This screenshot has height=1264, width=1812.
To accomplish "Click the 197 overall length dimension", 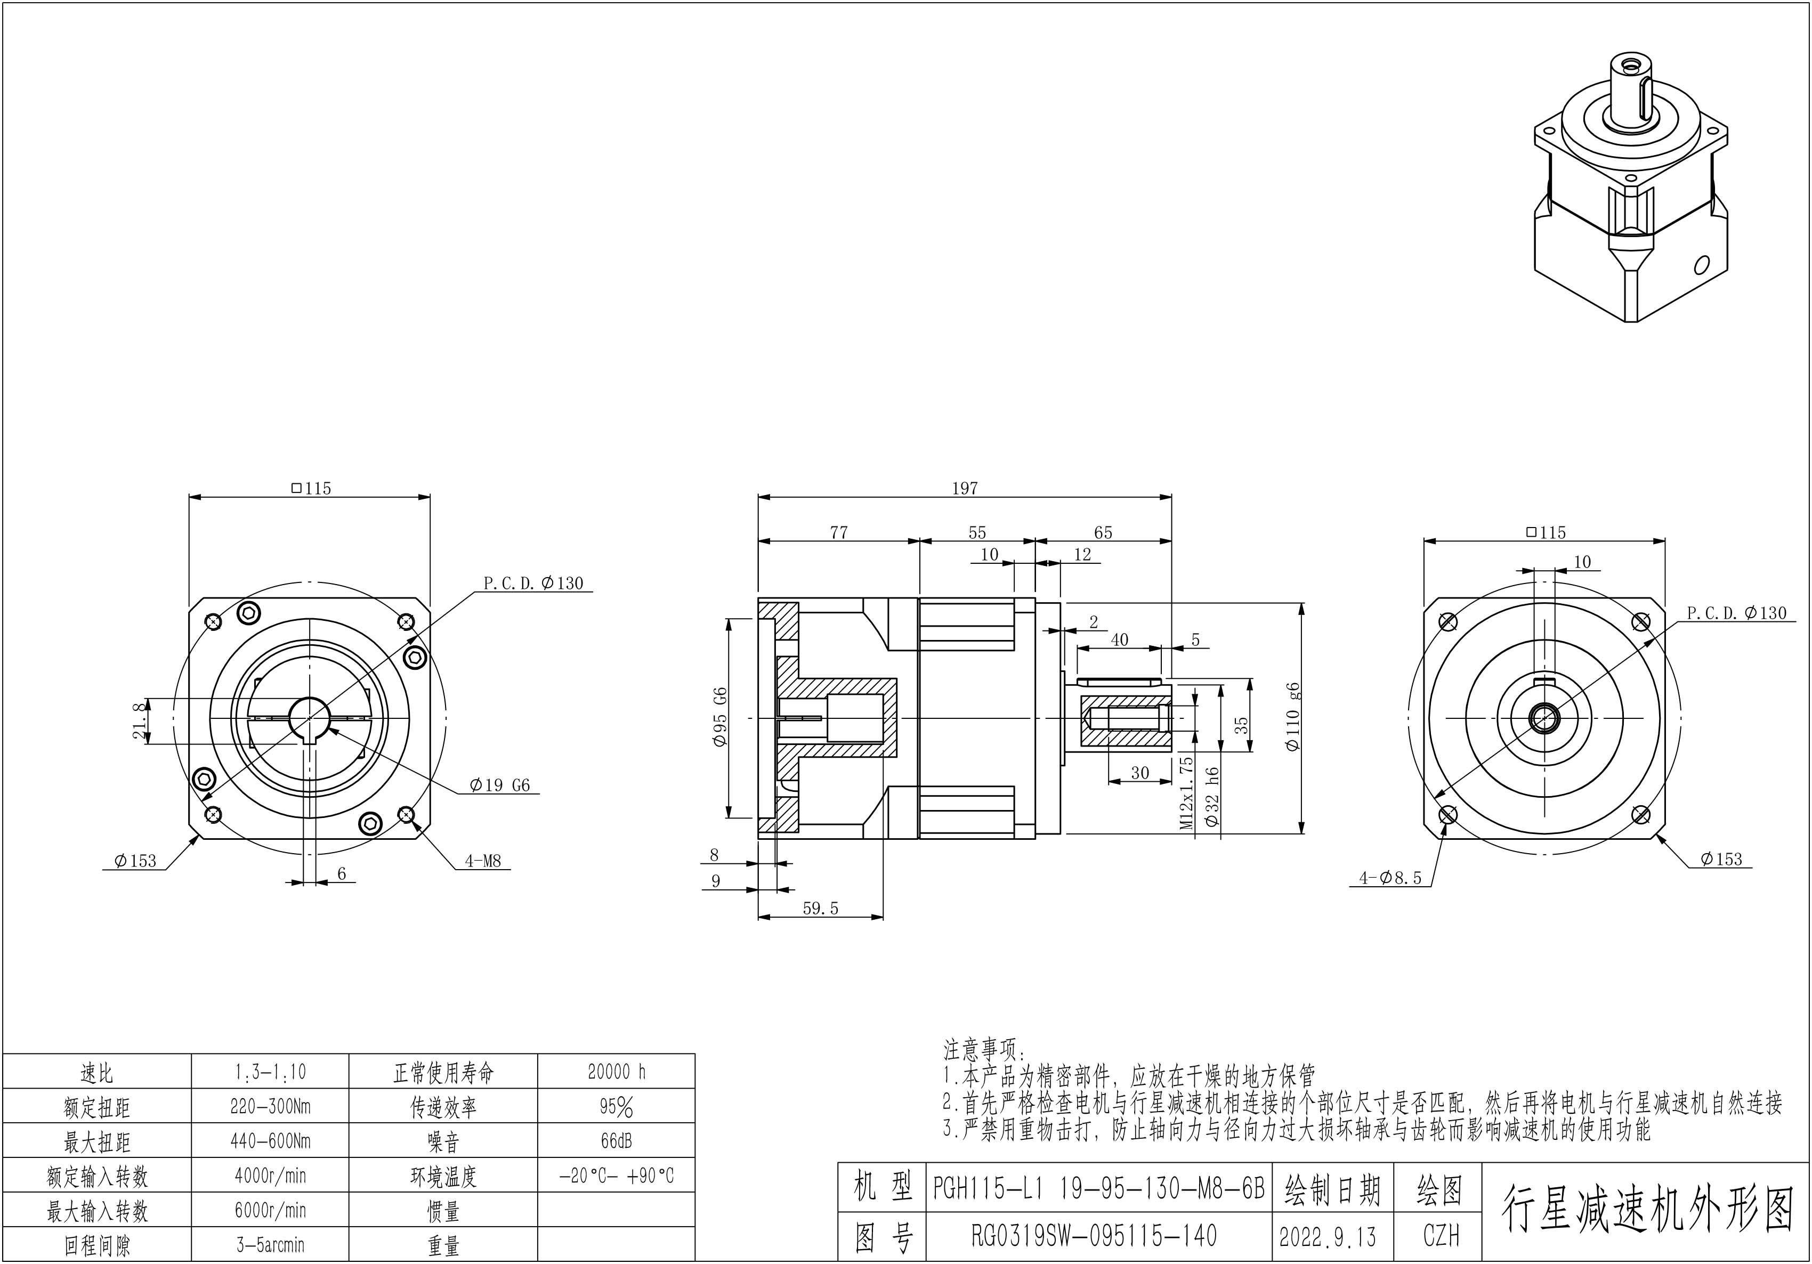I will (x=965, y=489).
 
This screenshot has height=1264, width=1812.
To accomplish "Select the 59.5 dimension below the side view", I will (x=820, y=908).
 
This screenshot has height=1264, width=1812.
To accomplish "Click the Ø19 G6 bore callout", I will (x=499, y=785).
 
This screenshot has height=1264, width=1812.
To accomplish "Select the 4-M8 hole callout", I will (x=482, y=861).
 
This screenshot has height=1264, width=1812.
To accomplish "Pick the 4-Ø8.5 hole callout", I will (x=1390, y=877).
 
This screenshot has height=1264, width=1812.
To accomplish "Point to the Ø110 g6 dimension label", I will (x=1292, y=716).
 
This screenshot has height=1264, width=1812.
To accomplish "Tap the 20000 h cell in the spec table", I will (x=617, y=1072).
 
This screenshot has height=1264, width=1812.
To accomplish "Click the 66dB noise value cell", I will (x=617, y=1141).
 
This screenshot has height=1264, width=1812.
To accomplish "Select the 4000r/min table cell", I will (x=270, y=1176).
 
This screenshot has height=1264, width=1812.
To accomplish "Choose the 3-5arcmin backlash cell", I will (x=270, y=1245).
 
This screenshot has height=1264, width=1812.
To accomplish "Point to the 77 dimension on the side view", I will (x=839, y=532).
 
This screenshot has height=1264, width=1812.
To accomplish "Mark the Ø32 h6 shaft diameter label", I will (x=1213, y=797).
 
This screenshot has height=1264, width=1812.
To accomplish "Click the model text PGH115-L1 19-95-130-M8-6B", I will (x=1098, y=1188).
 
